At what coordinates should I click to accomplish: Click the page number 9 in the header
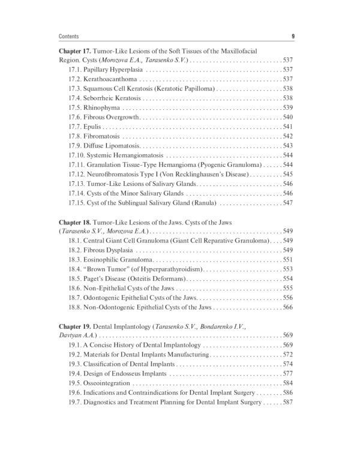(x=292, y=35)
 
